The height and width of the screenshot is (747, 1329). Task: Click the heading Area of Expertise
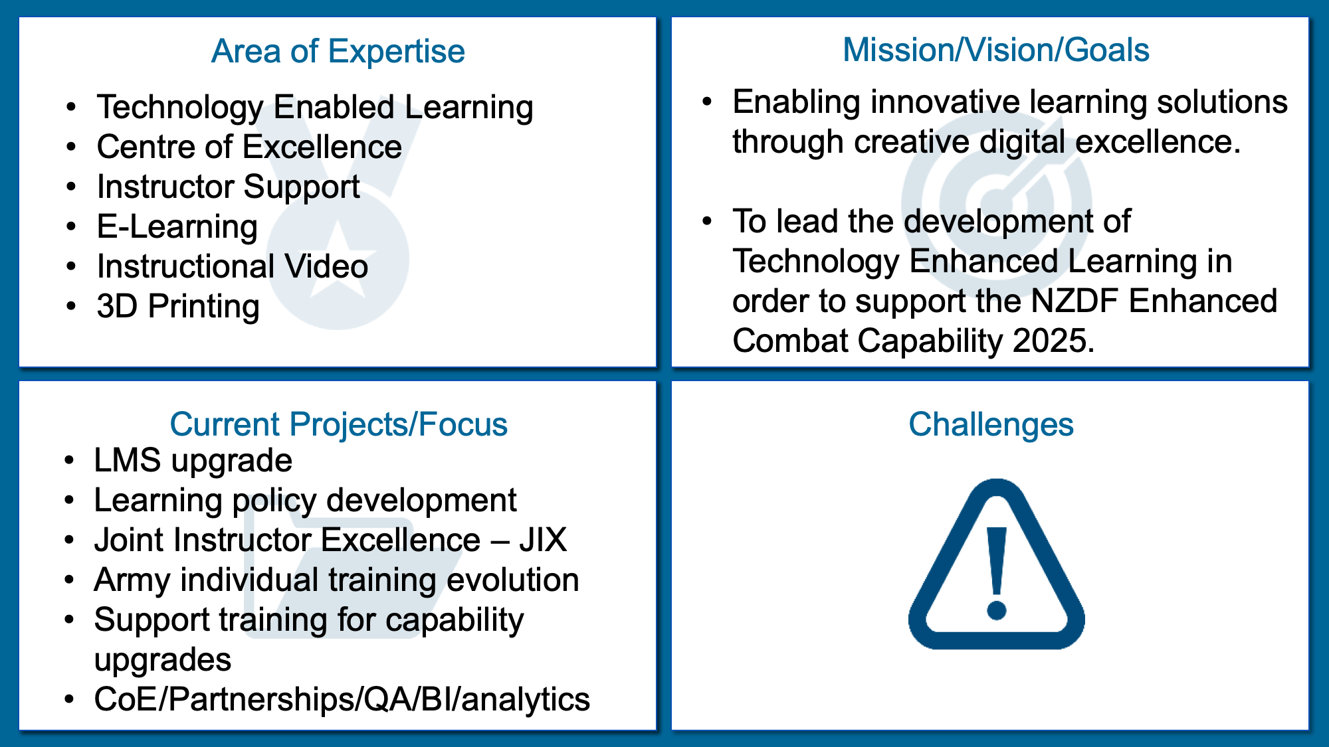338,52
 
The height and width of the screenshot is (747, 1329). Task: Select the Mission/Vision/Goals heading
995,50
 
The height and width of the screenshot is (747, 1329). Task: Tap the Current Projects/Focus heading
338,424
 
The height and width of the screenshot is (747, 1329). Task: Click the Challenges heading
991,425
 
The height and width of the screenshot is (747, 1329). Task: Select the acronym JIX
543,540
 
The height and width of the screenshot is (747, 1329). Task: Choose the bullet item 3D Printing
178,307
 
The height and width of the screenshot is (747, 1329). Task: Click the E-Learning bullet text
177,227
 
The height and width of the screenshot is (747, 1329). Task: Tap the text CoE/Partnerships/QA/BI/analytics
342,700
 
